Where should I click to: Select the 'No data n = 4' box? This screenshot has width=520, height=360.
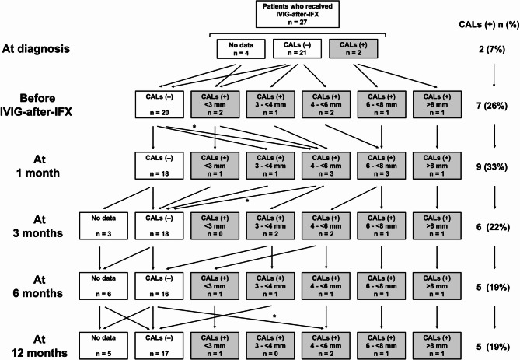236,49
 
